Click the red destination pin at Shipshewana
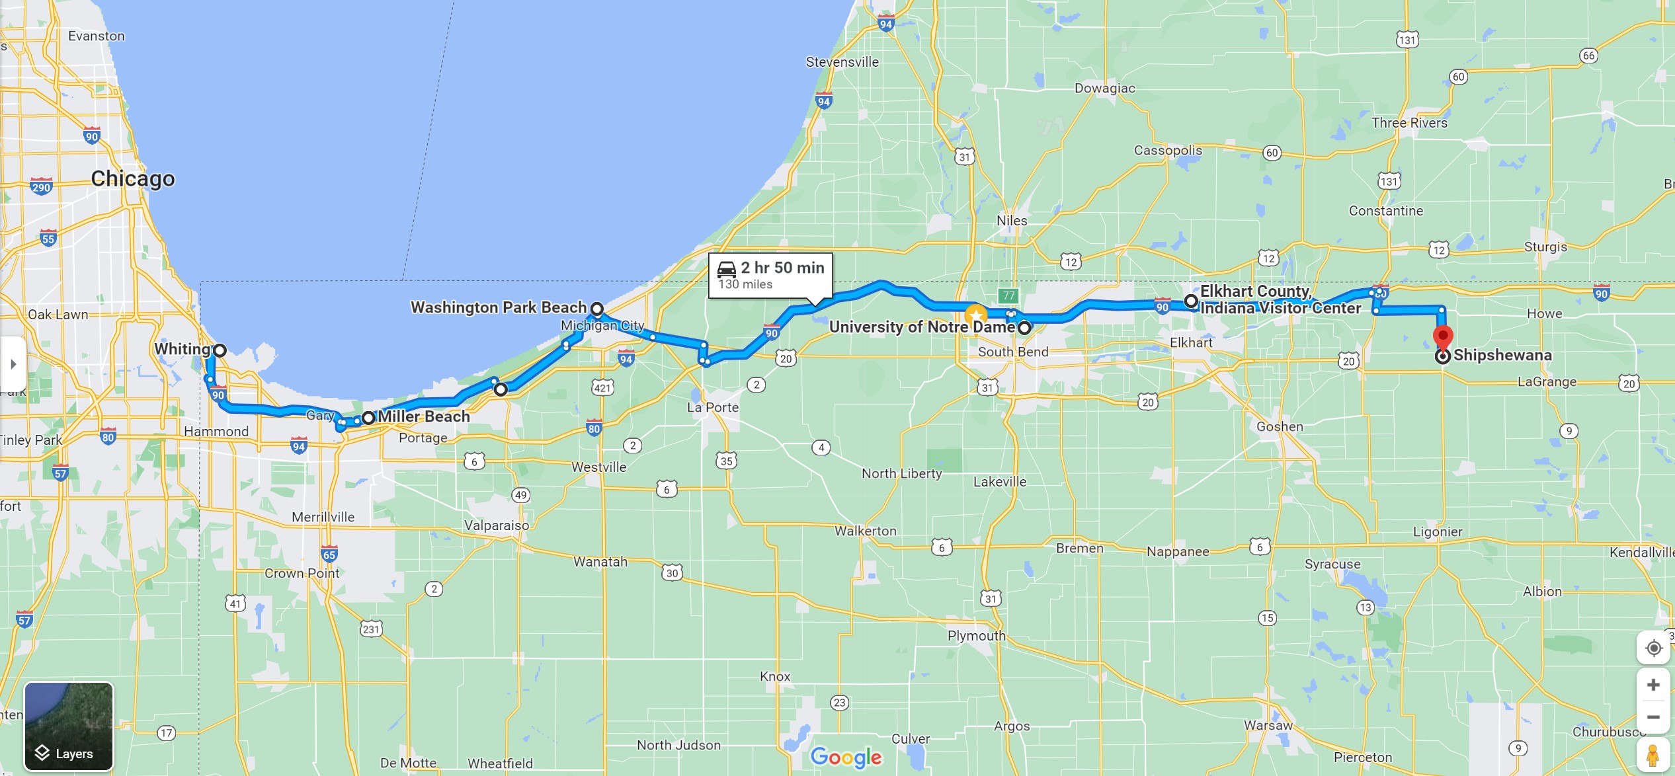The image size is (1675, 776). [1442, 336]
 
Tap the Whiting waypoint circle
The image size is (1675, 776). [220, 350]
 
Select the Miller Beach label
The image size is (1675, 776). [423, 416]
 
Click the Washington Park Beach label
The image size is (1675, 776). [498, 307]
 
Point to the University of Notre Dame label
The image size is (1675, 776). [921, 327]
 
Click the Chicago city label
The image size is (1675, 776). [133, 178]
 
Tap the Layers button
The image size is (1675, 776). [69, 726]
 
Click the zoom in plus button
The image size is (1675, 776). [1653, 685]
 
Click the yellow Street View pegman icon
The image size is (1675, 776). [1653, 756]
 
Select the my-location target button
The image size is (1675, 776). [1653, 648]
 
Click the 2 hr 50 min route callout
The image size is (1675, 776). [770, 275]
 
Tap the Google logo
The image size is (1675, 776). [846, 757]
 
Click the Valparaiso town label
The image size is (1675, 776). [496, 525]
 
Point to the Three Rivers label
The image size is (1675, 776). [1409, 123]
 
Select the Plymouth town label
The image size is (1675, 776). [976, 636]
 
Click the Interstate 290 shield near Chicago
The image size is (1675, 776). [41, 186]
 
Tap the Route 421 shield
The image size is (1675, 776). [602, 388]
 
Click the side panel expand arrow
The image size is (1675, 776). [13, 364]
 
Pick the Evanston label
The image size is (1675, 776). [97, 36]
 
